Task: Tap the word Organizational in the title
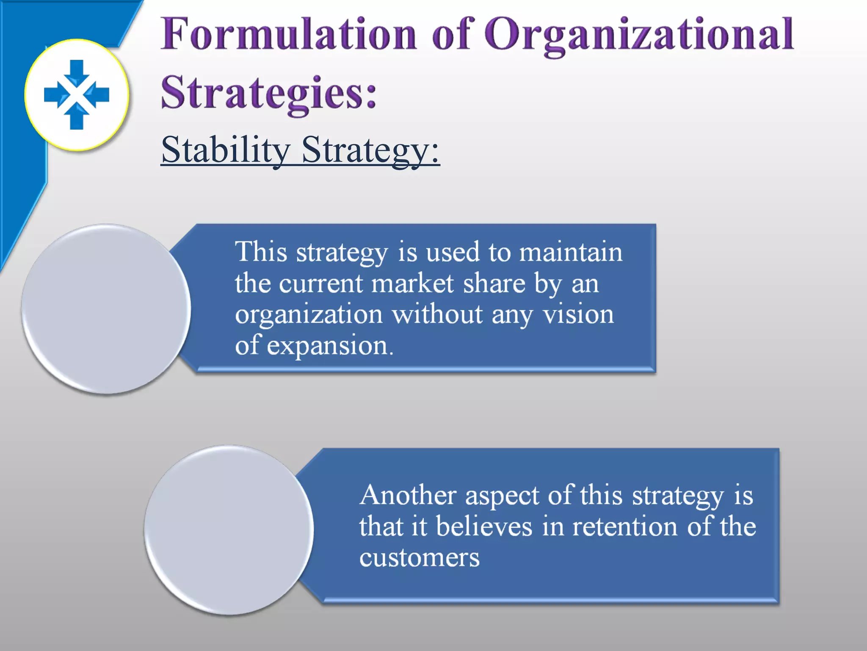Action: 639,35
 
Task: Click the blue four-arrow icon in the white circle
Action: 77,95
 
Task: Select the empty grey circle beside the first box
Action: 106,309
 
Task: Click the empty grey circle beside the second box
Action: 229,530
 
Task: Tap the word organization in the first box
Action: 309,315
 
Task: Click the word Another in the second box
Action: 408,495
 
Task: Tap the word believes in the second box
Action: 484,526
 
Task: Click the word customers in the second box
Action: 419,558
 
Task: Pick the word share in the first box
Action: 494,284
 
